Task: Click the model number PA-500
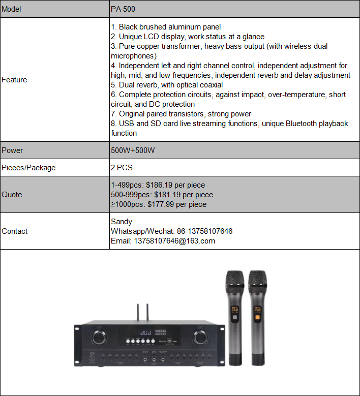(x=123, y=9)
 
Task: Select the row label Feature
(x=14, y=80)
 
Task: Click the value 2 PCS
(x=122, y=168)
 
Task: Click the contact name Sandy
(x=121, y=222)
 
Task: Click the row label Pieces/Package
(x=28, y=168)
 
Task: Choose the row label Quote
(x=12, y=195)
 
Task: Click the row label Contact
(x=15, y=231)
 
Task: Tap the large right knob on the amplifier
(x=199, y=337)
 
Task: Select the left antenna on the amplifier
(x=137, y=313)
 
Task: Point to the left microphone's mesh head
(x=234, y=283)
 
